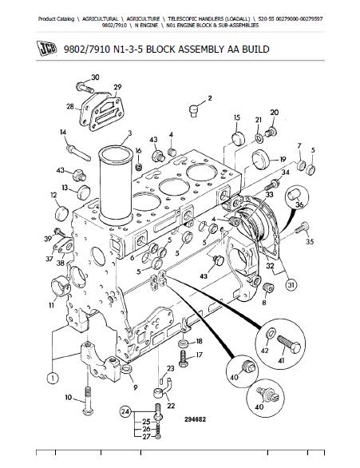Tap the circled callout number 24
pos(125,412)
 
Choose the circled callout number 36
pos(300,204)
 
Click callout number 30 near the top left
pos(96,77)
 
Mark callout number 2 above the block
pos(210,98)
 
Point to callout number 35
pos(311,241)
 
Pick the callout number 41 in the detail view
pos(281,361)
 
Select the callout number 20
pos(274,113)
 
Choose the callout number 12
pos(53,194)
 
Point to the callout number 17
pos(200,355)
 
